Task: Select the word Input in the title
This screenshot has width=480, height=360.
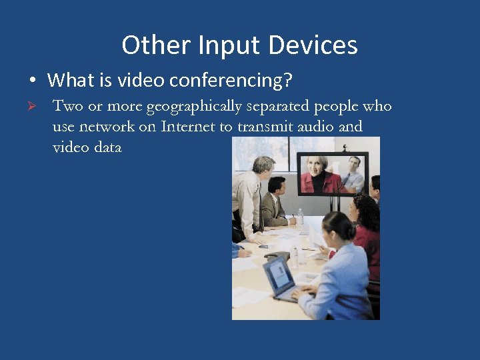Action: click(x=219, y=45)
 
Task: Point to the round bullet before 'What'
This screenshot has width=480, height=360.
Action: click(x=32, y=81)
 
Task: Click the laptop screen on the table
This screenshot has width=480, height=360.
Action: click(x=277, y=274)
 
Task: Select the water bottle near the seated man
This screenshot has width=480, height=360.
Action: click(x=300, y=216)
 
